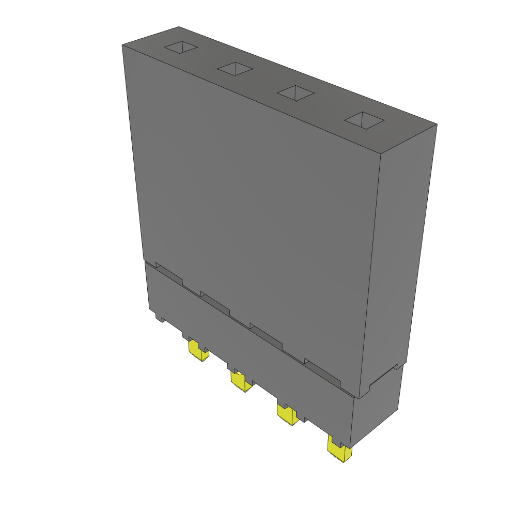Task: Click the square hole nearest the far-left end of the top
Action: (x=181, y=48)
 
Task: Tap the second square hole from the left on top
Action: (x=235, y=68)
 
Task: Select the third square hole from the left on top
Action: (x=295, y=93)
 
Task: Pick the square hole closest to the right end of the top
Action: (x=364, y=120)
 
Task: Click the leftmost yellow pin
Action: (x=197, y=351)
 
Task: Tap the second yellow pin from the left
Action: (x=240, y=382)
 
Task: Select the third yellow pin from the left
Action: (x=287, y=414)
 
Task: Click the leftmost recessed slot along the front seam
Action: (x=169, y=274)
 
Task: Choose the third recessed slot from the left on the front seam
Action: (x=266, y=336)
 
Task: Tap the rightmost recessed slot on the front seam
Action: (x=322, y=372)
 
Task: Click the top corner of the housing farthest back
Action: (x=179, y=27)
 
